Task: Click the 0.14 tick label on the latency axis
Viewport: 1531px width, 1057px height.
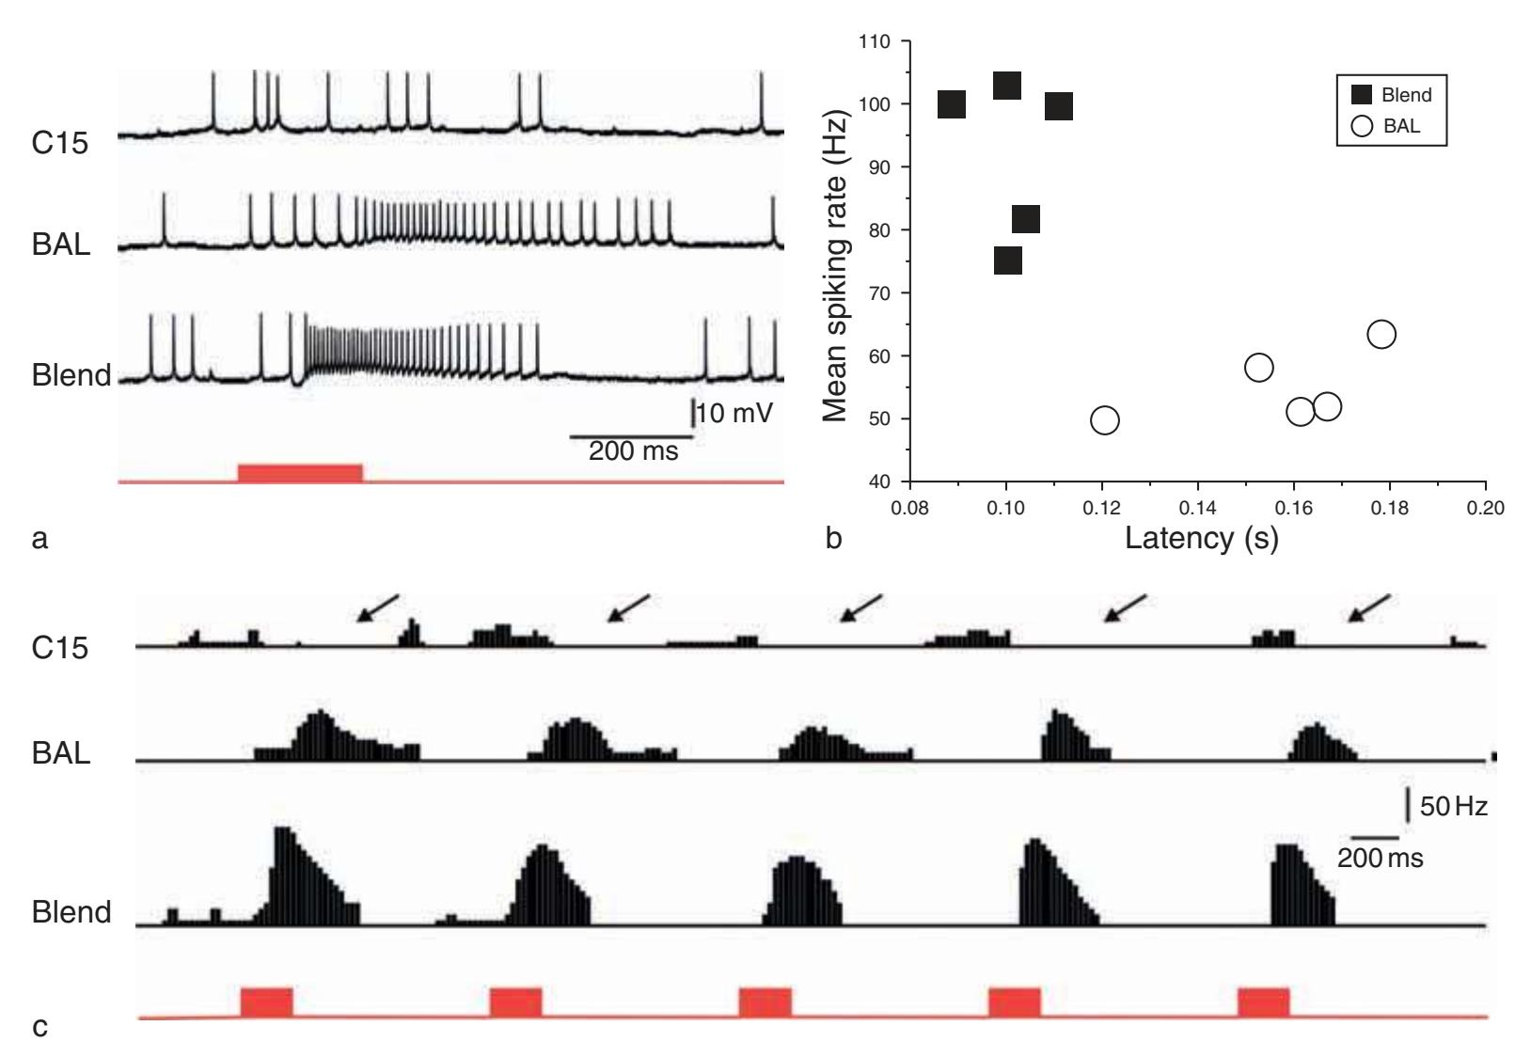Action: [1197, 509]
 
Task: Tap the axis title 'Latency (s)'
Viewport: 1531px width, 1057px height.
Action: [1201, 538]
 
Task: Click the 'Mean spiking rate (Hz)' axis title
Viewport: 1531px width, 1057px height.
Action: [835, 266]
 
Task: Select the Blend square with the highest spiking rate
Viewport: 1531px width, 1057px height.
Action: [1006, 86]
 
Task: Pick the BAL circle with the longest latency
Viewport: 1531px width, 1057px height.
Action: [1381, 334]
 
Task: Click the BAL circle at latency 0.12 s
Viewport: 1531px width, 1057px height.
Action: [1104, 419]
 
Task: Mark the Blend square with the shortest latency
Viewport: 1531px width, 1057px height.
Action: [952, 104]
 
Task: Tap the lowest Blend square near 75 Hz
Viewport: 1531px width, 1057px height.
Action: [1006, 260]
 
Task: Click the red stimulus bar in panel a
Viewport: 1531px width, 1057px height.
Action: [300, 472]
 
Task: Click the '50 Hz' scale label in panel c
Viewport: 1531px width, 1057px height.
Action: [1453, 806]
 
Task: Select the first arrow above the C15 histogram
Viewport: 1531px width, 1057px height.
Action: [378, 607]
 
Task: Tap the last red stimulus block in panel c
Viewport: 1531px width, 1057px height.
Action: [1263, 1002]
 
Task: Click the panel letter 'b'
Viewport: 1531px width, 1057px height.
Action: [832, 539]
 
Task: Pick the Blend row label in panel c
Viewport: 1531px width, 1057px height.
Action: [71, 912]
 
